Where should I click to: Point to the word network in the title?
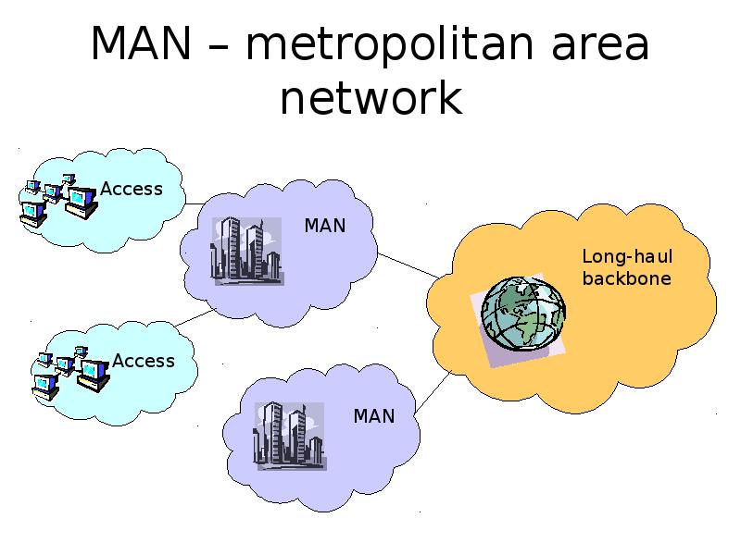point(370,99)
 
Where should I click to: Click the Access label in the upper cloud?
point(132,189)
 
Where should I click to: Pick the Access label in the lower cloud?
point(144,361)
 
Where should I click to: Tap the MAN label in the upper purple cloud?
point(325,226)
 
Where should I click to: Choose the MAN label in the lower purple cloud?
point(374,416)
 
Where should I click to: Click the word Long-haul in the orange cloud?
point(627,257)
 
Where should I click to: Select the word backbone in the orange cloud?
point(627,277)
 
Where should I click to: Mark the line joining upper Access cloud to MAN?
point(195,203)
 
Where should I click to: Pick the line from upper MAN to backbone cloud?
point(408,264)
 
